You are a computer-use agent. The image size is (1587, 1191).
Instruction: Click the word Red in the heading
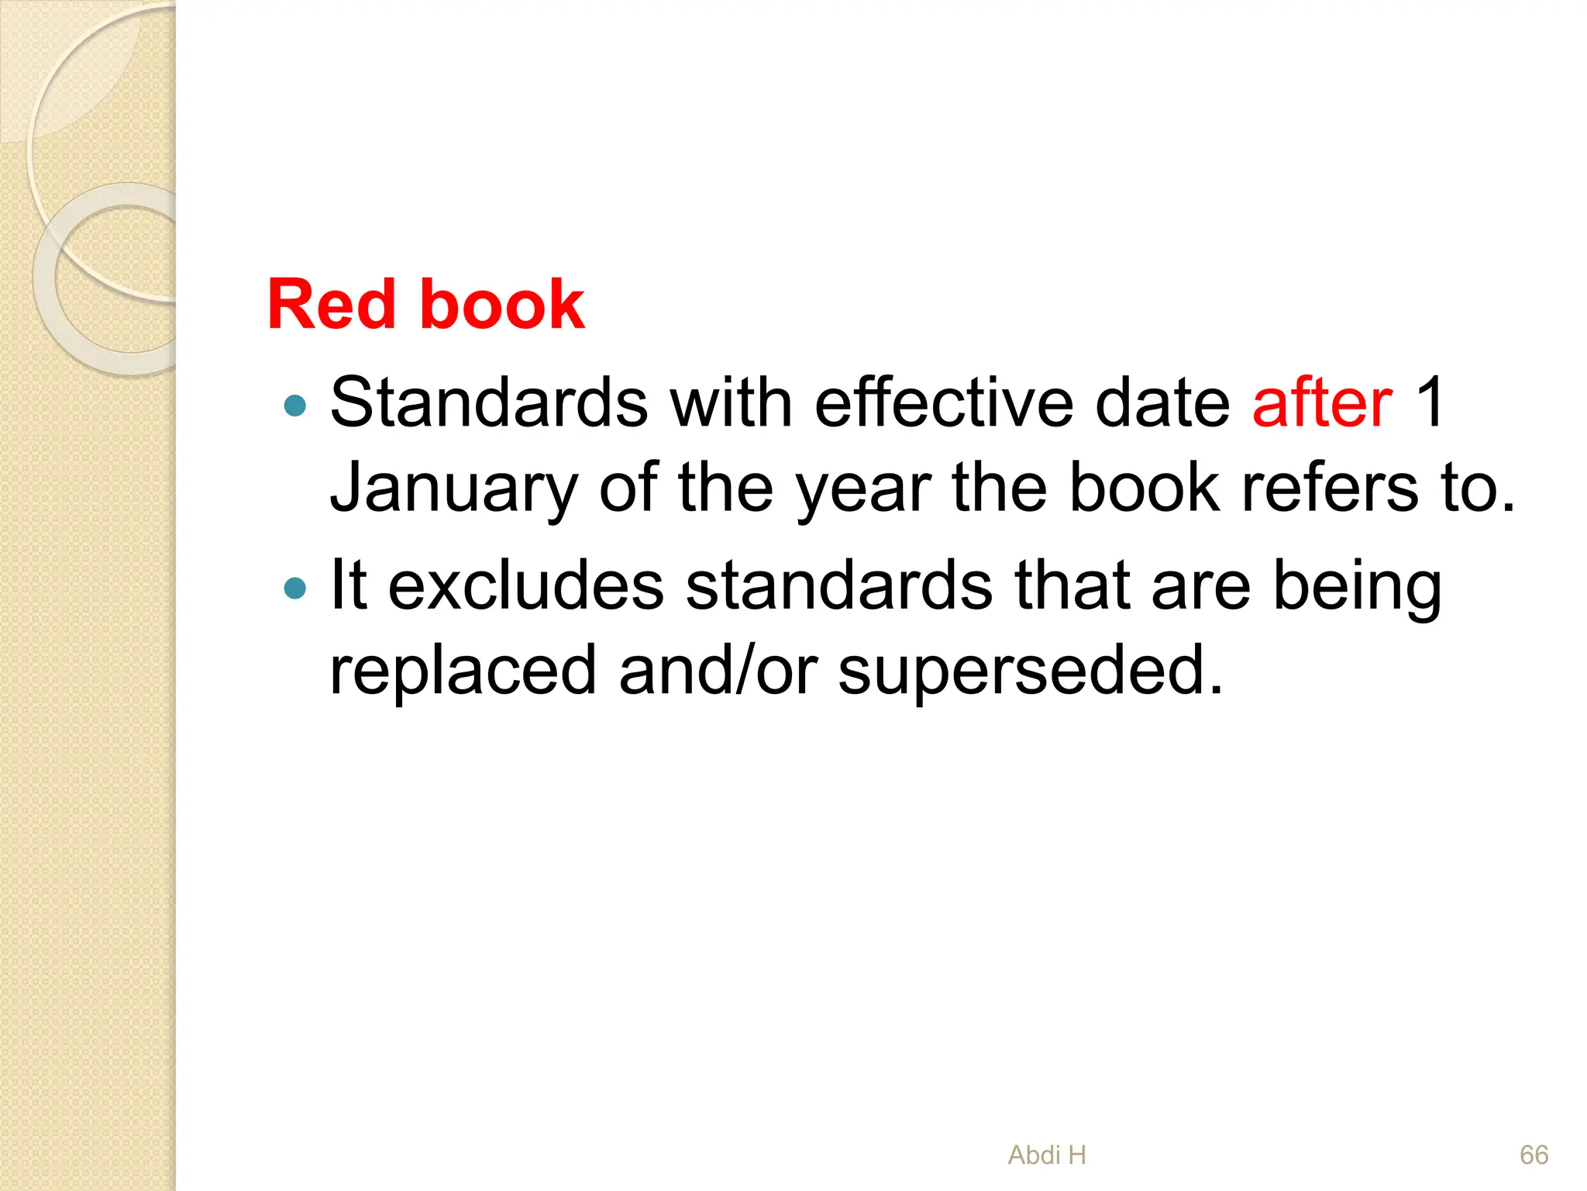tap(331, 305)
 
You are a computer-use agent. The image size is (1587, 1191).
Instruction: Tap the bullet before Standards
tap(295, 405)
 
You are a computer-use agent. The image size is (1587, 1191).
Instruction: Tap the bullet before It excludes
tap(295, 589)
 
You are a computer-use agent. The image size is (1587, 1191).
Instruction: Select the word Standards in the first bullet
tap(489, 403)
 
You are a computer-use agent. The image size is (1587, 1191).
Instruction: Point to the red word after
tap(1322, 403)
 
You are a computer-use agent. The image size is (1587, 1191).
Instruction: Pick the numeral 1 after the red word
tap(1428, 403)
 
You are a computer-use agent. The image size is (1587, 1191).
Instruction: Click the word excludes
tap(526, 586)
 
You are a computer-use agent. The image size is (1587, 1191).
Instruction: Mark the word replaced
tap(463, 671)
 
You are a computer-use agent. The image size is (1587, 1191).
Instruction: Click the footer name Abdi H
tap(1047, 1155)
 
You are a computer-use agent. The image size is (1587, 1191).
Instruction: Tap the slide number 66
tap(1534, 1155)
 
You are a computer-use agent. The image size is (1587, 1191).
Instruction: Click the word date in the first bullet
tap(1162, 403)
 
